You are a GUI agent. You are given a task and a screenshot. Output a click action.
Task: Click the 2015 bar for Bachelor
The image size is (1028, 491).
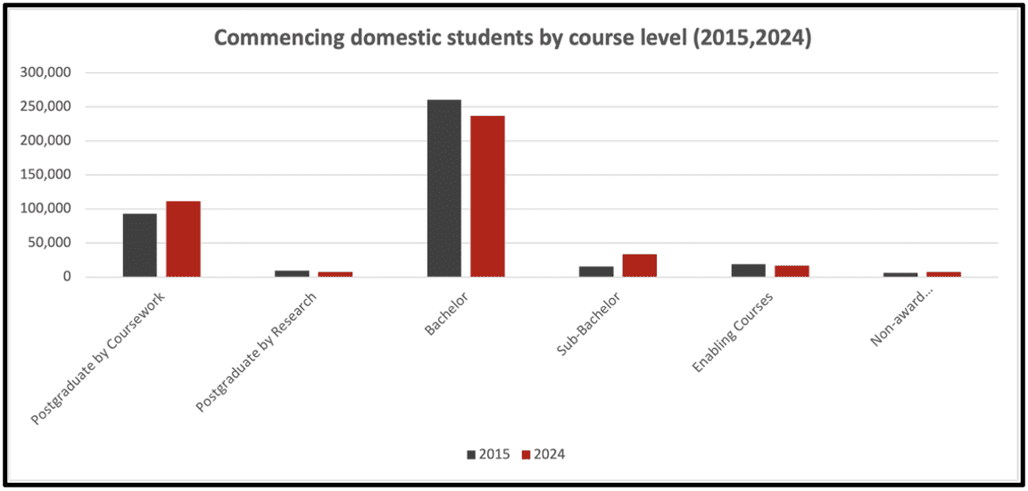pos(444,188)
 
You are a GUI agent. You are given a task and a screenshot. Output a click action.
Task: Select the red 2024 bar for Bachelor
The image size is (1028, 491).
pos(488,196)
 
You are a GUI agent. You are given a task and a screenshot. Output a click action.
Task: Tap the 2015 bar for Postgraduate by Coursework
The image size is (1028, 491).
pos(140,245)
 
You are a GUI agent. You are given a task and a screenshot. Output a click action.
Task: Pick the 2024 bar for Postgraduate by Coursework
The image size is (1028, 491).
pos(183,239)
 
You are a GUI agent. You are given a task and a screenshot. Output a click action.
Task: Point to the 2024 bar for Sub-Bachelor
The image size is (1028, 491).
pos(640,266)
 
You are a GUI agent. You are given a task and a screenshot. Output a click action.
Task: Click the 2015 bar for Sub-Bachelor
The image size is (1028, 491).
pos(596,271)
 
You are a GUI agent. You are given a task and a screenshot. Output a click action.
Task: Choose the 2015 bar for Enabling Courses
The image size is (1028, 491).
pos(748,270)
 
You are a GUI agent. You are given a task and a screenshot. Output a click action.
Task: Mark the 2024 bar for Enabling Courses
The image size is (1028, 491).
pos(792,271)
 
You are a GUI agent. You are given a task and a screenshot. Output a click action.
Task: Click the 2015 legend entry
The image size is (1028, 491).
pos(488,454)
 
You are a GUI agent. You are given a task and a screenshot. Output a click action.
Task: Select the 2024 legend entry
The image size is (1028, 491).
pos(543,454)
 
